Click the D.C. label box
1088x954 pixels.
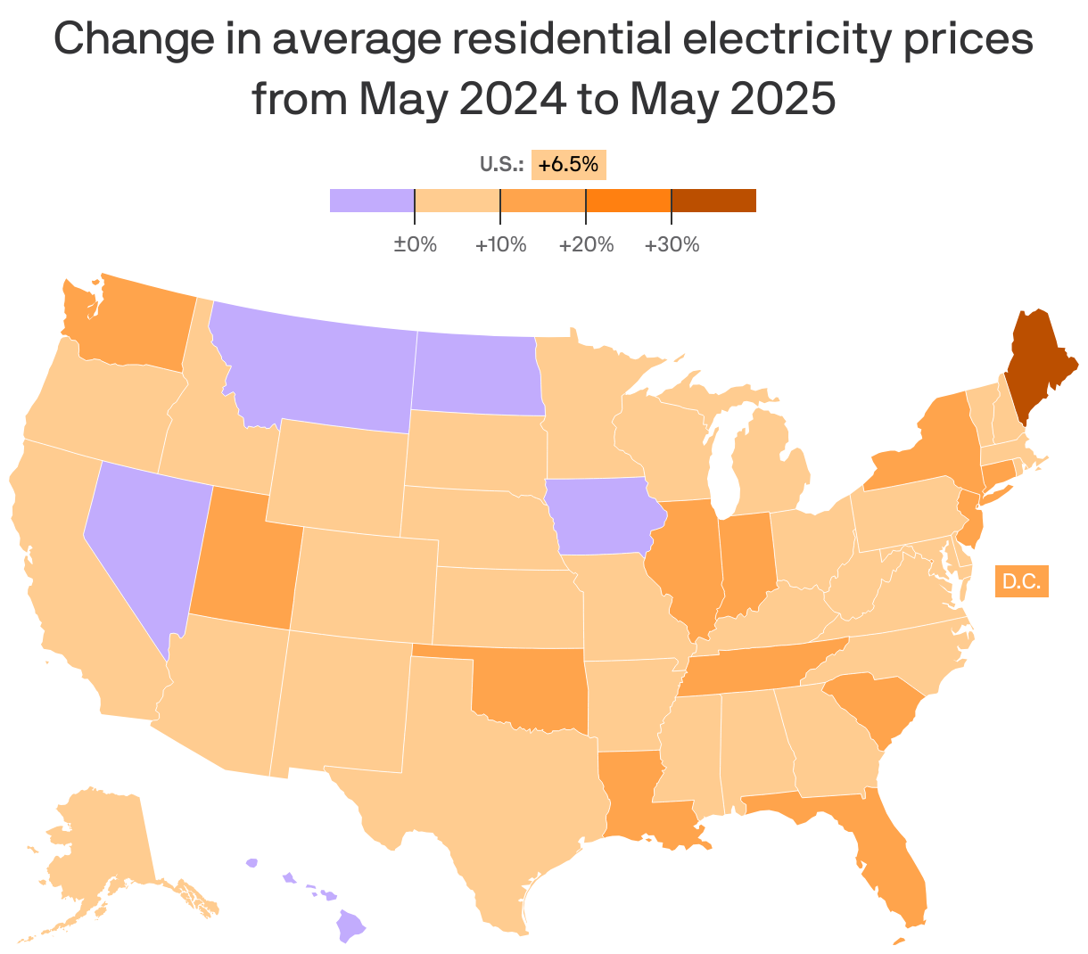1021,581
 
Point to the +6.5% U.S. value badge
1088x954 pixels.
568,165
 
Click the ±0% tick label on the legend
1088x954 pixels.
415,244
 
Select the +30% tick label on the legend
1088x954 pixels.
672,244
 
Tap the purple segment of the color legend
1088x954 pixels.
372,201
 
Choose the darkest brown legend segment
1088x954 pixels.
713,201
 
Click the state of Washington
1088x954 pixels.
134,325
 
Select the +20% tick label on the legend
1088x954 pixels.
586,244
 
